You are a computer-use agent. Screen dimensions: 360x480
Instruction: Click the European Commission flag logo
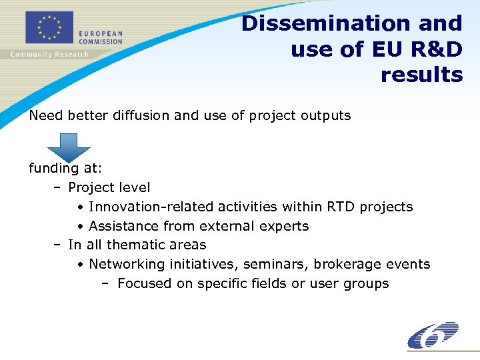click(49, 29)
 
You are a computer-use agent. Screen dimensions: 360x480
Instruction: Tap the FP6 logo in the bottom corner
click(433, 335)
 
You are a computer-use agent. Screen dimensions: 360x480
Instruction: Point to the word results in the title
click(421, 75)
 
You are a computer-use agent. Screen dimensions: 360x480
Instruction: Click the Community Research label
click(49, 54)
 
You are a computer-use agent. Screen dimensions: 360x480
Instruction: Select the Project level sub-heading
click(109, 187)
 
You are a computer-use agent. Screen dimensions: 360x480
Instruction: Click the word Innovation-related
click(149, 207)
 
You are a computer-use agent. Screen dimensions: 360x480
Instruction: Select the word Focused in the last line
click(144, 283)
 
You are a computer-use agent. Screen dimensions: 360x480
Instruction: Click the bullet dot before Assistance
click(80, 227)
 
